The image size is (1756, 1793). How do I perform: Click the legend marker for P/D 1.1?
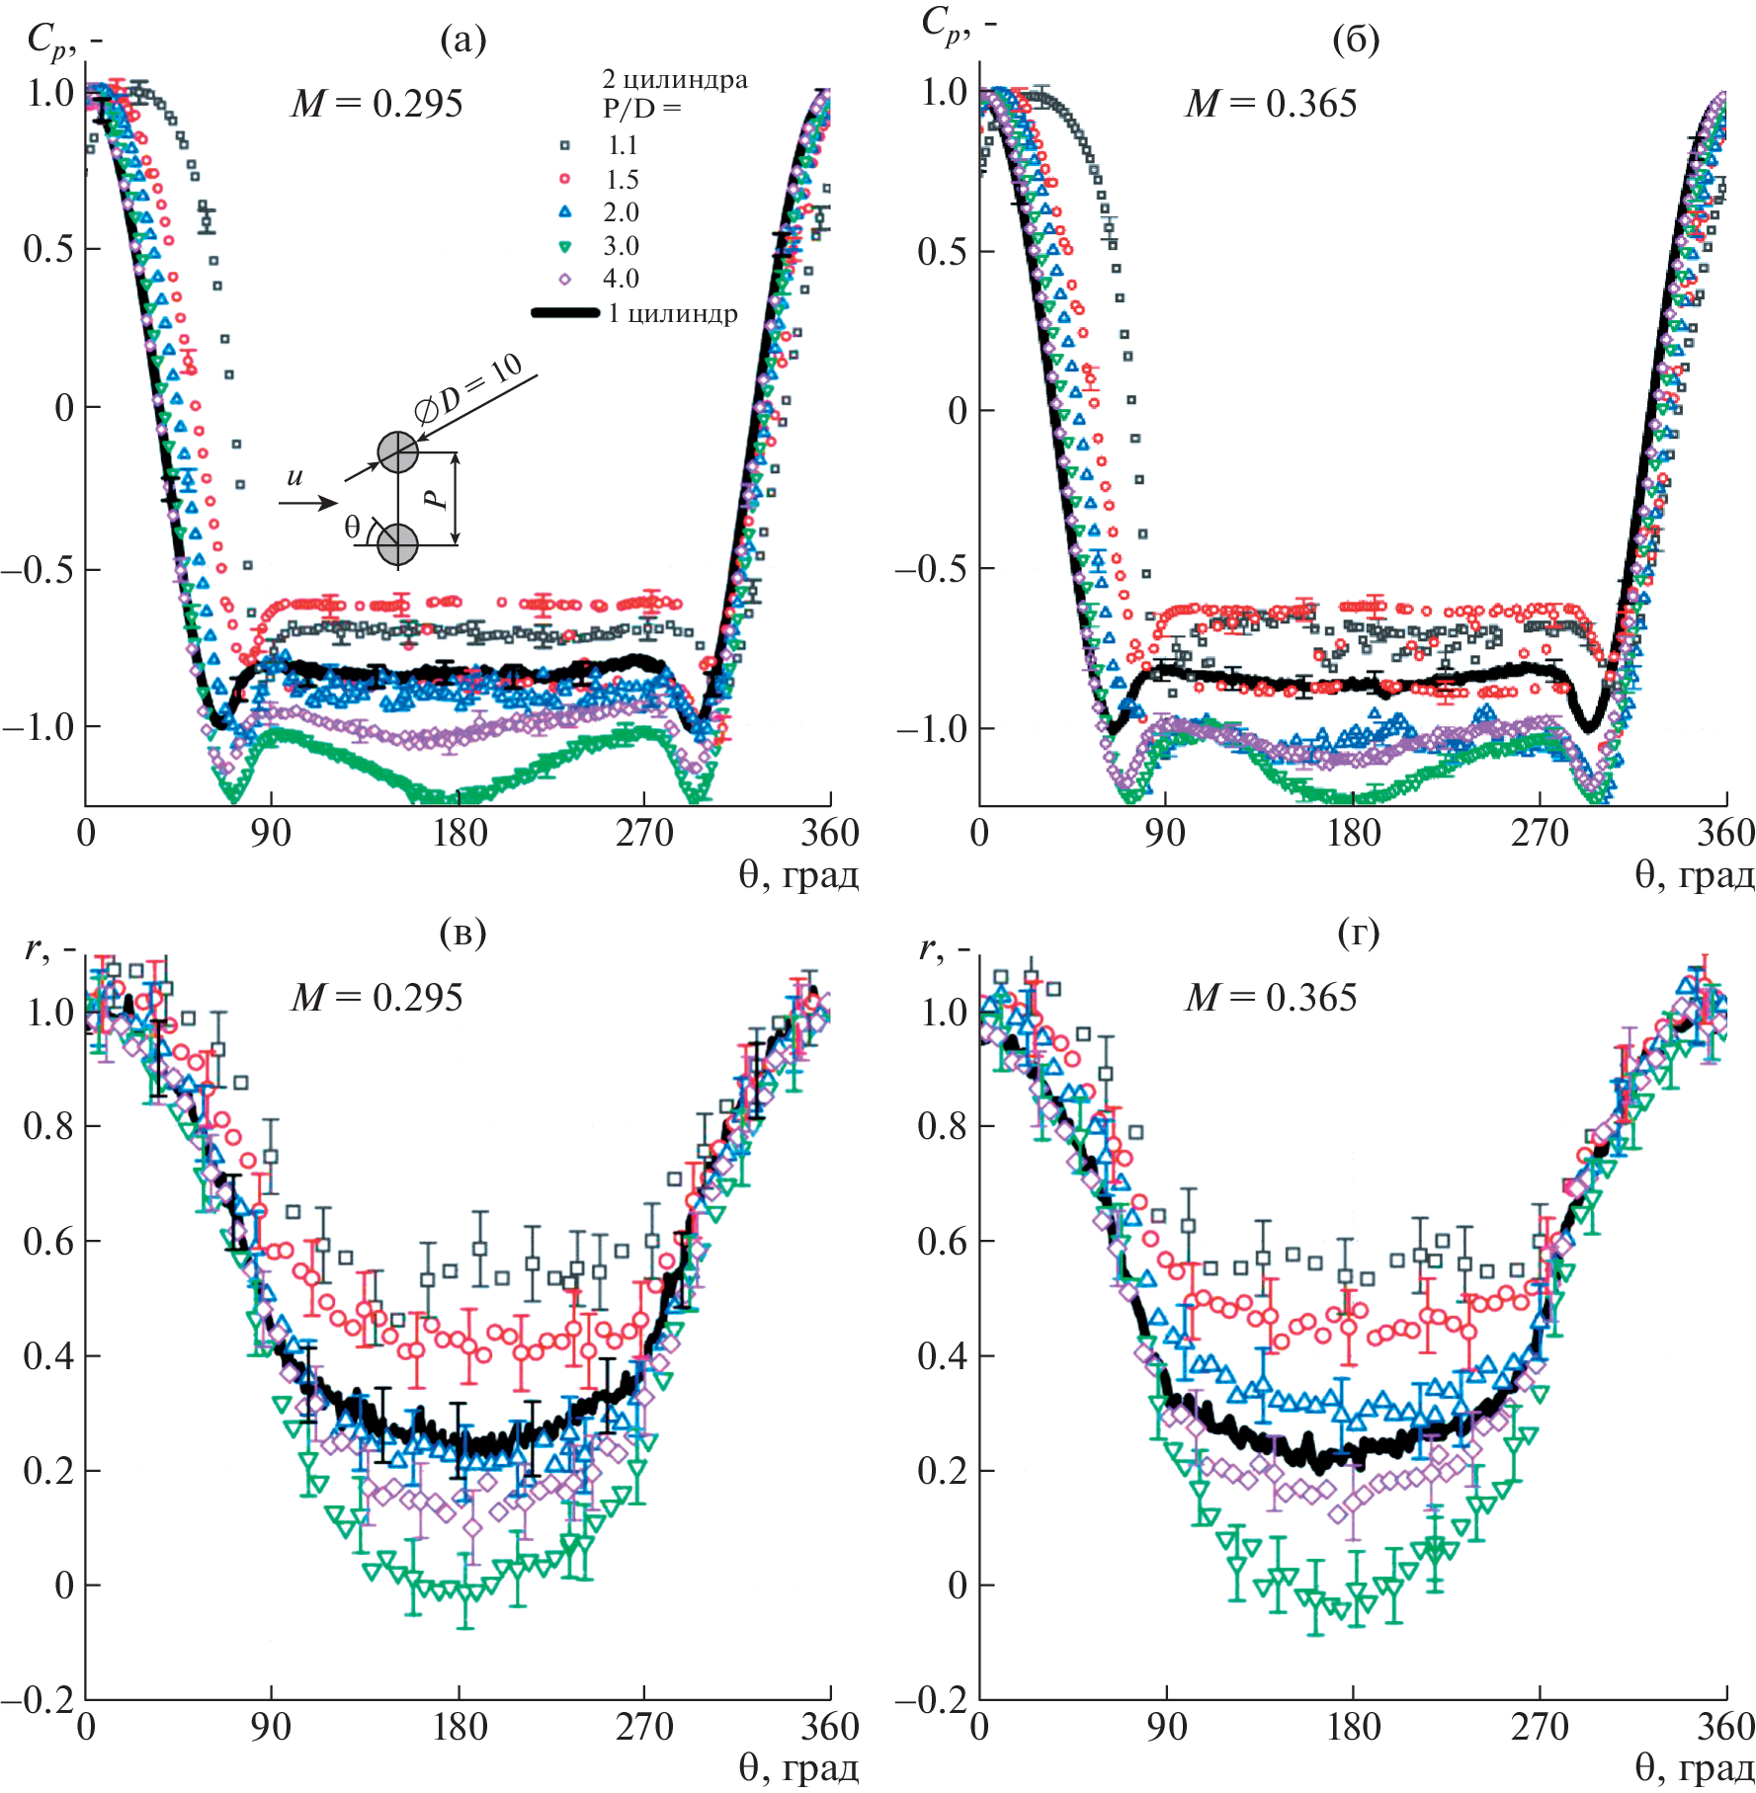[x=565, y=145]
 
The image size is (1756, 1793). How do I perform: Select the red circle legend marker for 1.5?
[x=565, y=179]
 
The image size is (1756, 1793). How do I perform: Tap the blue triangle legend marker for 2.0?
[x=565, y=211]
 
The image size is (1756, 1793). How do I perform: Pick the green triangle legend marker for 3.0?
[x=565, y=246]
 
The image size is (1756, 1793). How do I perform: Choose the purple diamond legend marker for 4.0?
[x=565, y=279]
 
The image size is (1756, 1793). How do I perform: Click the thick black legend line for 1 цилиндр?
[x=565, y=313]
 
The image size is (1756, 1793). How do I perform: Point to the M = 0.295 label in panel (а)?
[x=376, y=104]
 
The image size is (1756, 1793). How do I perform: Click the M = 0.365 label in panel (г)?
[x=1271, y=998]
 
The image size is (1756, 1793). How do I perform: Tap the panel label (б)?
[x=1356, y=40]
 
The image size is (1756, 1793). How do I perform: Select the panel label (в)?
[x=462, y=934]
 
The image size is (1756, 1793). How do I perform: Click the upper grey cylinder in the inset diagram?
[x=398, y=452]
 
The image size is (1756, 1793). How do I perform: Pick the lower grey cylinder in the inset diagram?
[x=397, y=544]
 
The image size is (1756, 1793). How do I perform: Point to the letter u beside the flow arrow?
[x=294, y=478]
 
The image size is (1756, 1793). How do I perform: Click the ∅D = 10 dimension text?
[x=469, y=394]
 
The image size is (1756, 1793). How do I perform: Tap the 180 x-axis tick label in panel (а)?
[x=460, y=834]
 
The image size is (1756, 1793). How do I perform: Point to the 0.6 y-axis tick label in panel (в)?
[x=49, y=1241]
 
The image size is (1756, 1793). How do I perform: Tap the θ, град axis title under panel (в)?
[x=798, y=1768]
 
